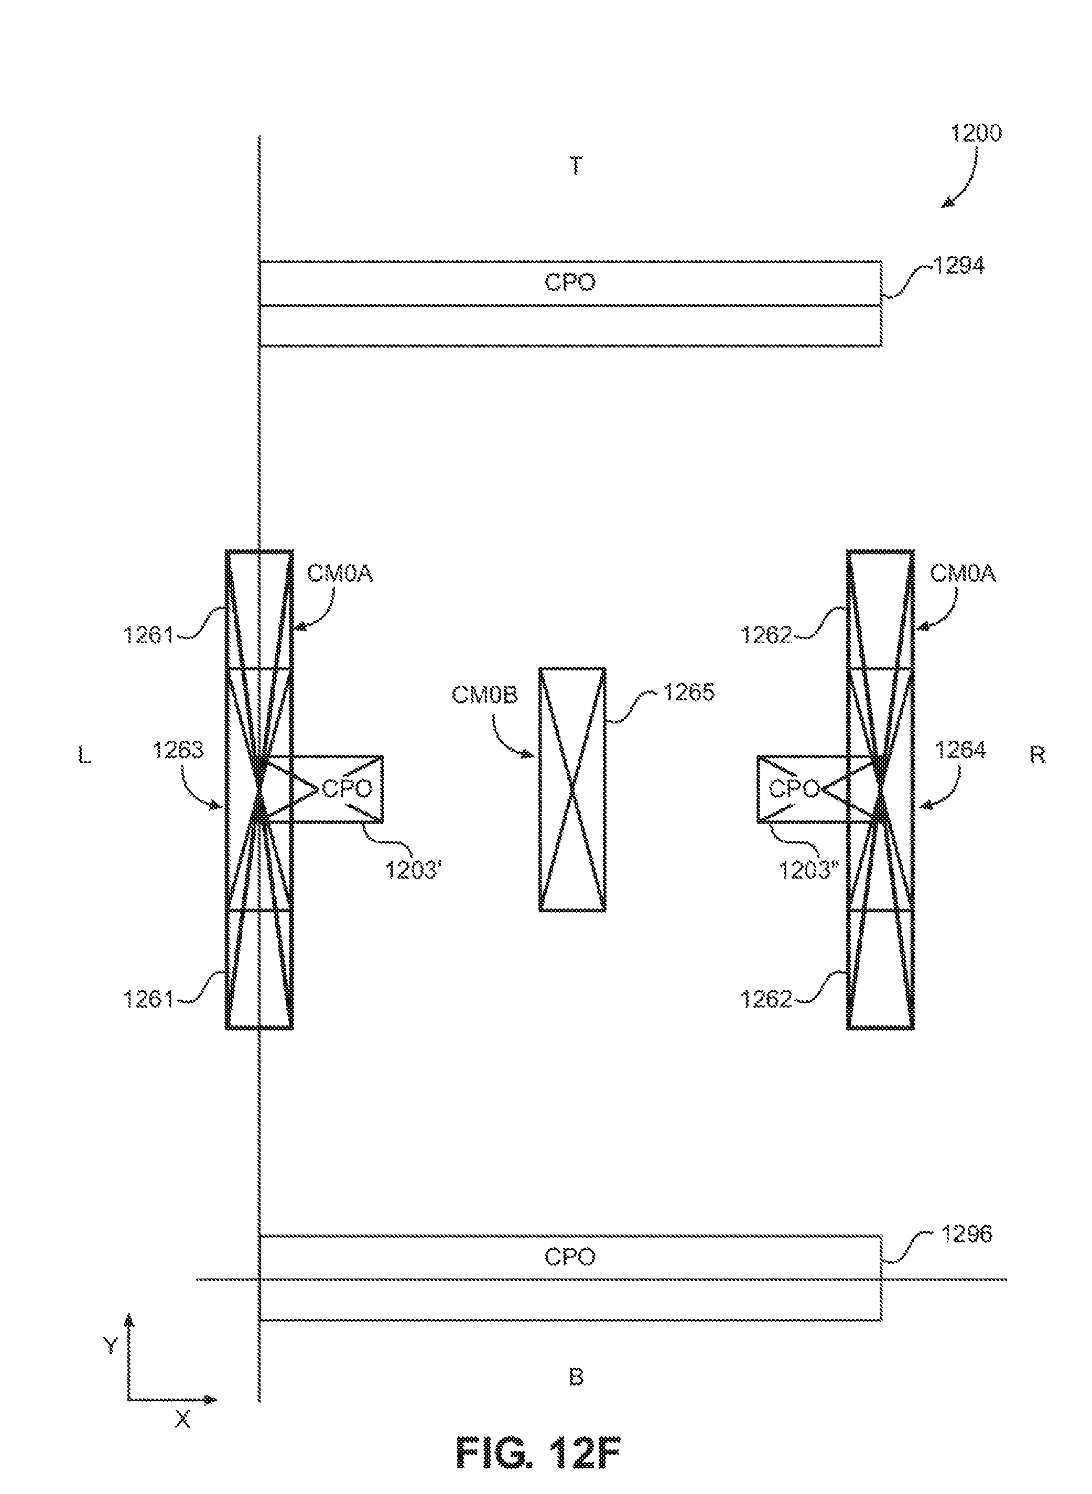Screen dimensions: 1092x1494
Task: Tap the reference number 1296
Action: coord(966,1233)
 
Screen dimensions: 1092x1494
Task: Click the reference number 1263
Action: coord(178,750)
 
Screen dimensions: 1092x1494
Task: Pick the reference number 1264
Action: coord(960,750)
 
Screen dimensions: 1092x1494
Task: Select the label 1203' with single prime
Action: coord(413,870)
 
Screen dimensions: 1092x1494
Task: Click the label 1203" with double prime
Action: coord(808,870)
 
